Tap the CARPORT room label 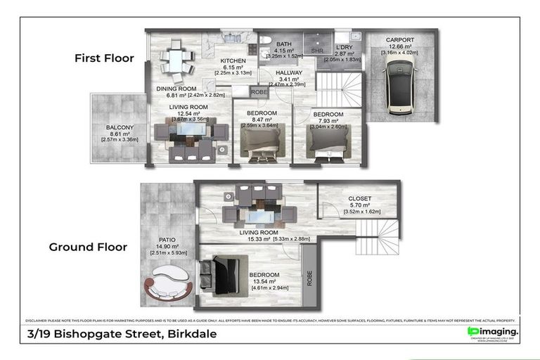(399, 40)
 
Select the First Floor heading (104, 58)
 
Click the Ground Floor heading (88, 247)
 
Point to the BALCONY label (120, 127)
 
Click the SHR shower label (317, 50)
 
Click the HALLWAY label (288, 72)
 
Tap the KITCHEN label (232, 60)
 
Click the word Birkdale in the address (188, 334)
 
